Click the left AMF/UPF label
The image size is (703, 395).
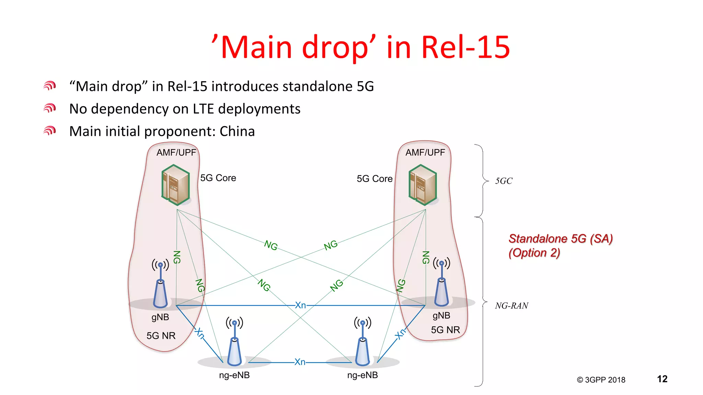(176, 153)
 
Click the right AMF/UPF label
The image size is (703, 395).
(425, 153)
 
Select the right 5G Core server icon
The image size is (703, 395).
(423, 185)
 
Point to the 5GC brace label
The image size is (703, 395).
(504, 181)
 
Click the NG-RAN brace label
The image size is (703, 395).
(511, 306)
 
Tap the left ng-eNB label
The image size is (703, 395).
(234, 375)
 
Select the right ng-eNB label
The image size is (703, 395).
(362, 375)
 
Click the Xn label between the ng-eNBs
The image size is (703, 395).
(300, 362)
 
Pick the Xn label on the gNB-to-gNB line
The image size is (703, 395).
(300, 305)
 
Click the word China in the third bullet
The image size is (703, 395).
(237, 132)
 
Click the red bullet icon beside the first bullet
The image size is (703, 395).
(50, 86)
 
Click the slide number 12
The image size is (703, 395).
(662, 379)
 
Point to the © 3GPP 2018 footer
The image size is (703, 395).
(601, 380)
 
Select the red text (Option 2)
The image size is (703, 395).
(534, 253)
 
